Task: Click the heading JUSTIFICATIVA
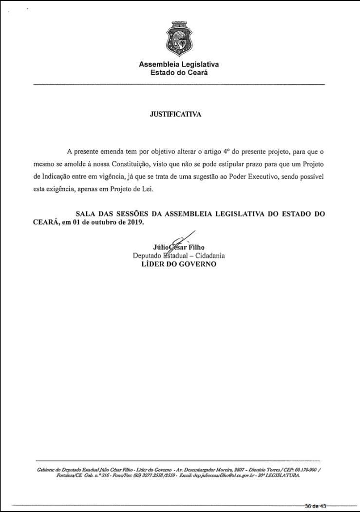[x=175, y=114]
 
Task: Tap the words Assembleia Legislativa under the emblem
[x=179, y=64]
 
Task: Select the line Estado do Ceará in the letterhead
[x=179, y=73]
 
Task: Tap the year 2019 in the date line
[x=133, y=222]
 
